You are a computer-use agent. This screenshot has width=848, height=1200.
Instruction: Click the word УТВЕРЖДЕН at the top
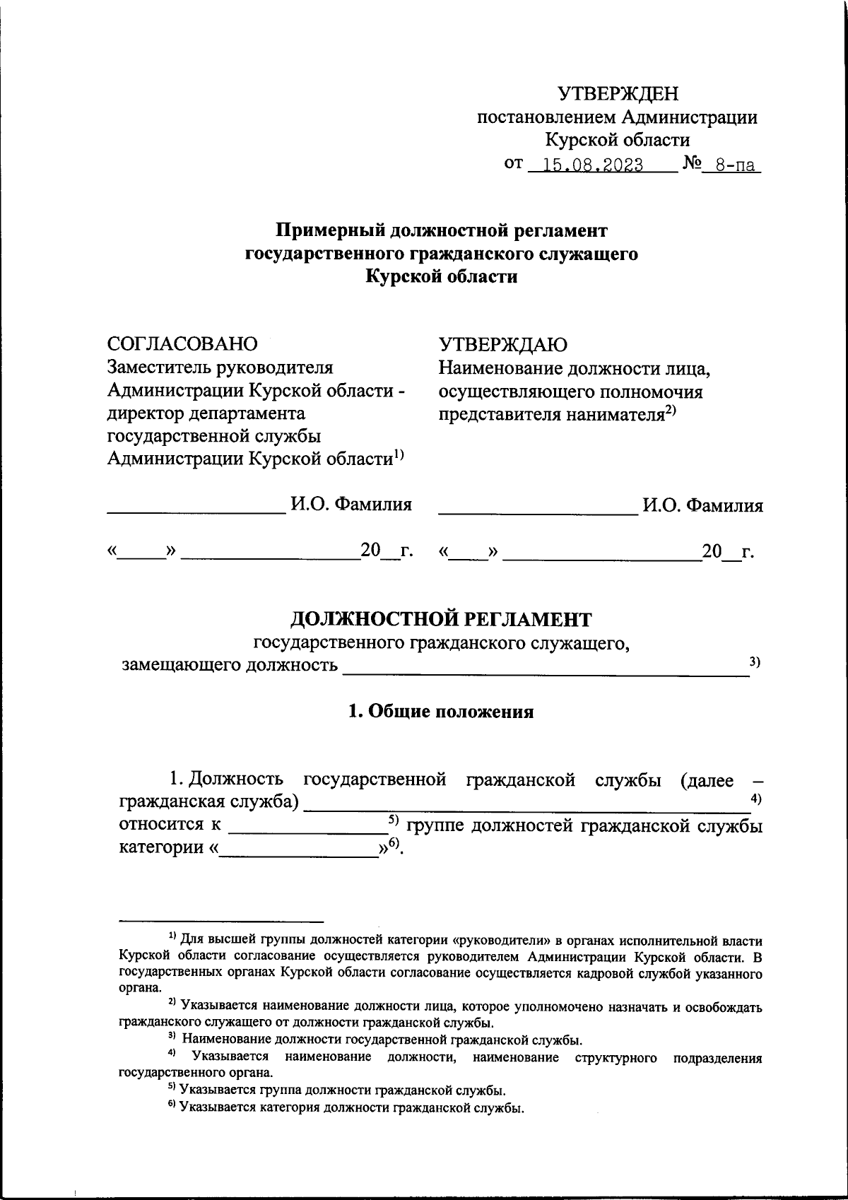pos(618,93)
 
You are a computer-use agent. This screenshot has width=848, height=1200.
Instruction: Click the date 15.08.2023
pos(589,165)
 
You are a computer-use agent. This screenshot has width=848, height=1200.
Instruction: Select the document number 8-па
pos(735,166)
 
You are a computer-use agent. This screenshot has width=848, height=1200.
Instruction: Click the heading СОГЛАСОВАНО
pos(182,343)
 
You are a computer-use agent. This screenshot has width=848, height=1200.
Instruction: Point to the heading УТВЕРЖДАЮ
pos(502,344)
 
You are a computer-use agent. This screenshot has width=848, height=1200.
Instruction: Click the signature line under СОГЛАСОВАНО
pos(194,511)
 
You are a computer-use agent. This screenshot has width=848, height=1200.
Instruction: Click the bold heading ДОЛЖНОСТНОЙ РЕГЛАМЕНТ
pos(441,619)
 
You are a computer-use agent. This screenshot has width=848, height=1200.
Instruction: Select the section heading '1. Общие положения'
pos(441,712)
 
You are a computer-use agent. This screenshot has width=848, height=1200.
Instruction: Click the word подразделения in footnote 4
pos(718,1058)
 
